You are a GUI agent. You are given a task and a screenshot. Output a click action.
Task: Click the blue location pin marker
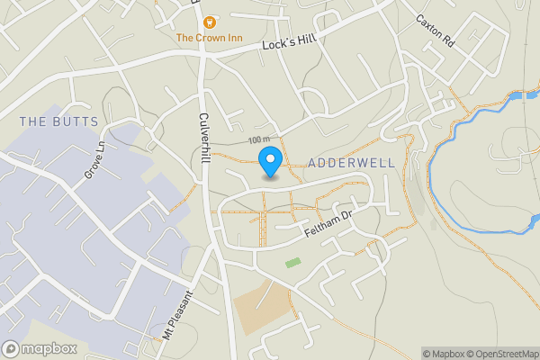pyautogui.click(x=269, y=163)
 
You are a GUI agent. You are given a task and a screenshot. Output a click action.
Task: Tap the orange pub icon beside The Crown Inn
pyautogui.click(x=209, y=21)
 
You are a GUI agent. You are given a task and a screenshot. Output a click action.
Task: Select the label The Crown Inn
pyautogui.click(x=209, y=38)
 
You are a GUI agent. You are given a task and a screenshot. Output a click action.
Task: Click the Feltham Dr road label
pyautogui.click(x=329, y=222)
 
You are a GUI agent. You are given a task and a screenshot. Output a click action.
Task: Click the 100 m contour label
pyautogui.click(x=260, y=140)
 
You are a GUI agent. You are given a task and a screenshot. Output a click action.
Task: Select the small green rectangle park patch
pyautogui.click(x=292, y=263)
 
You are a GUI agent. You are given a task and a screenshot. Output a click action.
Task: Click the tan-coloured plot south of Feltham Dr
pyautogui.click(x=261, y=306)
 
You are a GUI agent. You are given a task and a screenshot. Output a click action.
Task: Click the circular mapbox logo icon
pyautogui.click(x=11, y=348)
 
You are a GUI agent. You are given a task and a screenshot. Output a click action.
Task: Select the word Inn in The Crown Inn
pyautogui.click(x=233, y=38)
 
